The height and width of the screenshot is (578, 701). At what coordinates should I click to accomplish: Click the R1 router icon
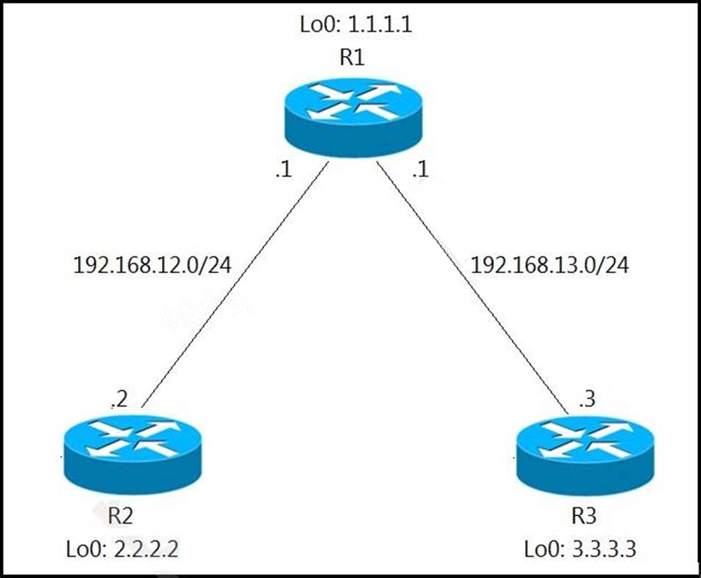[x=353, y=117]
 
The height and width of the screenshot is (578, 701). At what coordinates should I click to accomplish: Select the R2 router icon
[x=133, y=454]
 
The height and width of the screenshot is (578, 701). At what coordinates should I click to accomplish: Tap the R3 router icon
[x=586, y=455]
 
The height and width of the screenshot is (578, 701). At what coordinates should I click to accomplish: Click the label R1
[x=352, y=57]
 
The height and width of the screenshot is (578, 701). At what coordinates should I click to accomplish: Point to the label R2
[x=120, y=516]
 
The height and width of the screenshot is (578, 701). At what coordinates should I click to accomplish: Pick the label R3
[x=584, y=516]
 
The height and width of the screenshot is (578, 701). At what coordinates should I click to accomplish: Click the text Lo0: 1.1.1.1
[x=356, y=24]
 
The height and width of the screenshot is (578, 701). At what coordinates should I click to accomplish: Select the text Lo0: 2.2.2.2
[x=122, y=549]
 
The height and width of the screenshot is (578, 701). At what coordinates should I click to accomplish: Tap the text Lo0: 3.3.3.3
[x=580, y=549]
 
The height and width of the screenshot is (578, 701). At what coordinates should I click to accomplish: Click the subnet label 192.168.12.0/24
[x=152, y=265]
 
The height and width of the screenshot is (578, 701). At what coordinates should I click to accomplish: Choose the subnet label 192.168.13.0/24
[x=550, y=265]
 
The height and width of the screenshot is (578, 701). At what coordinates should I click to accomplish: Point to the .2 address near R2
[x=119, y=399]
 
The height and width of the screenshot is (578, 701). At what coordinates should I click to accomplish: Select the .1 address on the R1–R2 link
[x=284, y=169]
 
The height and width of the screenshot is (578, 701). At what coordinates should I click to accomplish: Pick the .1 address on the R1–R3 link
[x=421, y=169]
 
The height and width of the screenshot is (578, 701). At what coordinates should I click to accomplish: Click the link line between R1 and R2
[x=235, y=284]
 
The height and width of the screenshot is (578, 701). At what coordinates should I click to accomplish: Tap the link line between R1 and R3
[x=472, y=288]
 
